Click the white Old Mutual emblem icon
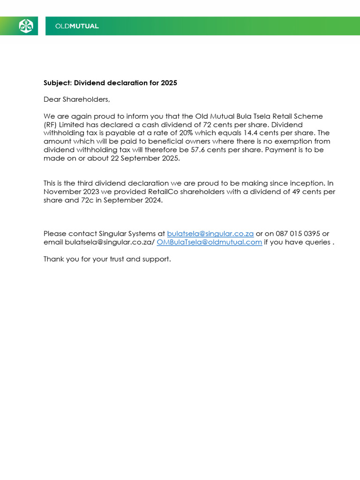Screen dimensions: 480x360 [x=26, y=26]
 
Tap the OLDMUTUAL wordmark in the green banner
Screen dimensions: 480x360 [x=77, y=26]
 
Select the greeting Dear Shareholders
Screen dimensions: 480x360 [x=76, y=99]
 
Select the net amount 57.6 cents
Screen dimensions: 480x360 [x=216, y=150]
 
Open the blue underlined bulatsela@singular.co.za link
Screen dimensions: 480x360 [x=210, y=233]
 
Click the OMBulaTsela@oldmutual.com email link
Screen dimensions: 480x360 [x=209, y=242]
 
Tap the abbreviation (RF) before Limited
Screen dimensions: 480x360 [x=50, y=125]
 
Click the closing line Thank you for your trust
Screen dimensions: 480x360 [x=107, y=259]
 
